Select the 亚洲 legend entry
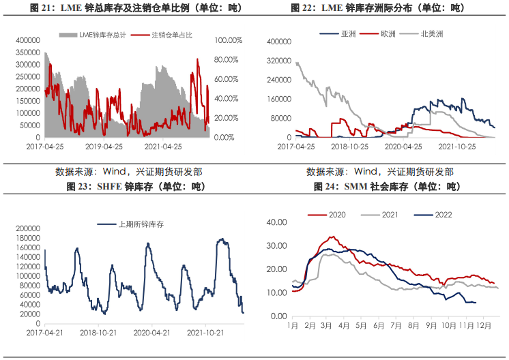(348, 33)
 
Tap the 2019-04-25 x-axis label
(104, 146)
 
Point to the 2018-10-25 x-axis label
(350, 146)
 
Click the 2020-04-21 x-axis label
(152, 333)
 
